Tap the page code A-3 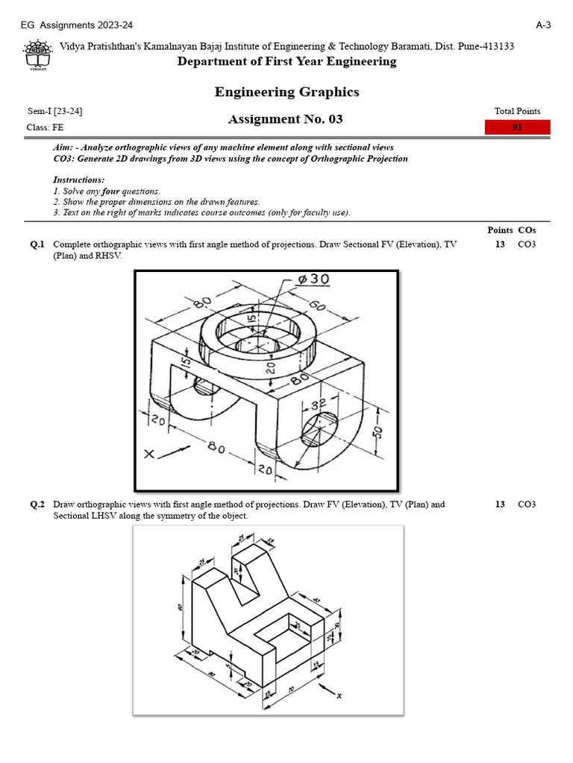click(x=543, y=25)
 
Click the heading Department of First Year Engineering click(x=286, y=62)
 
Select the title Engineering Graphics click(x=286, y=92)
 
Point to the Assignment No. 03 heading click(x=286, y=119)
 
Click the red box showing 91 click(x=517, y=127)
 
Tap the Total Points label click(x=517, y=111)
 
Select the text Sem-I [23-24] click(x=54, y=111)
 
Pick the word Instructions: click(x=79, y=180)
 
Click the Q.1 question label click(x=37, y=244)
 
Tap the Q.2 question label click(x=37, y=504)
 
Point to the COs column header click(x=527, y=230)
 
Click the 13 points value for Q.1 click(x=500, y=244)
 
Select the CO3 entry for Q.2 click(x=527, y=504)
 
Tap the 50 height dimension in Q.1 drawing click(x=378, y=432)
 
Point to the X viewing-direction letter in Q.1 click(x=150, y=453)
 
